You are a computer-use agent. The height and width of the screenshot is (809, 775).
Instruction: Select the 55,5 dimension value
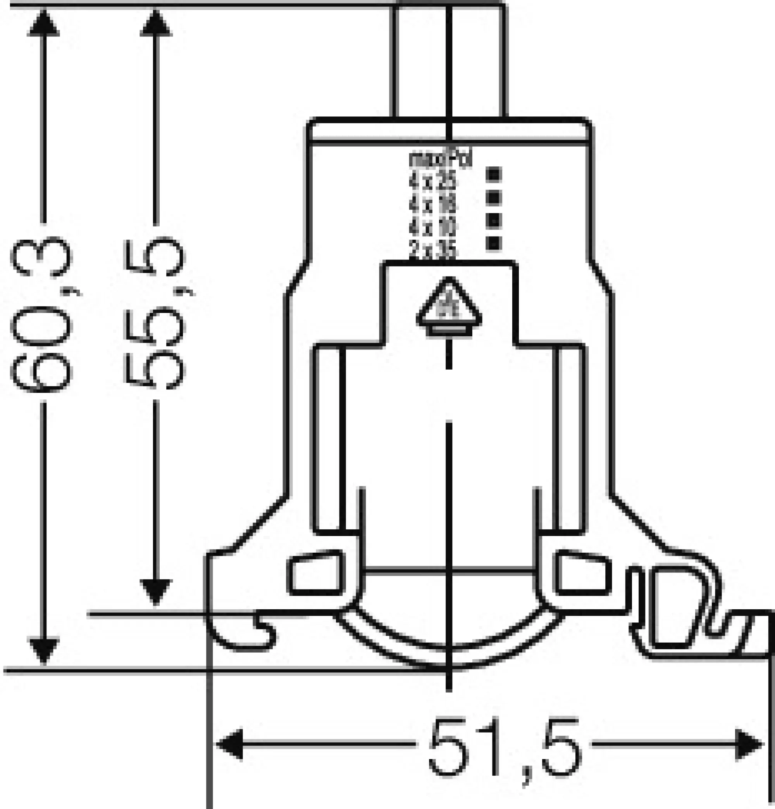[155, 314]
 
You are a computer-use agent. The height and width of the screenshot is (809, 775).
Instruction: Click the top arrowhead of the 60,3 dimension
[43, 23]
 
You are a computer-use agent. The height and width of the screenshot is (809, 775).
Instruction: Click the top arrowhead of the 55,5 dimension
[155, 23]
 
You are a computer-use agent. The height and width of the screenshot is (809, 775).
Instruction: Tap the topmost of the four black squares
[493, 174]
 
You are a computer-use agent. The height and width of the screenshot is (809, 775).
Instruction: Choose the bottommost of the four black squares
[493, 243]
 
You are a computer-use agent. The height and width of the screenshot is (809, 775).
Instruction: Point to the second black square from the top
[493, 198]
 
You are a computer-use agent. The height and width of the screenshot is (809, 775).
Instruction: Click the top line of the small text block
[440, 159]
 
